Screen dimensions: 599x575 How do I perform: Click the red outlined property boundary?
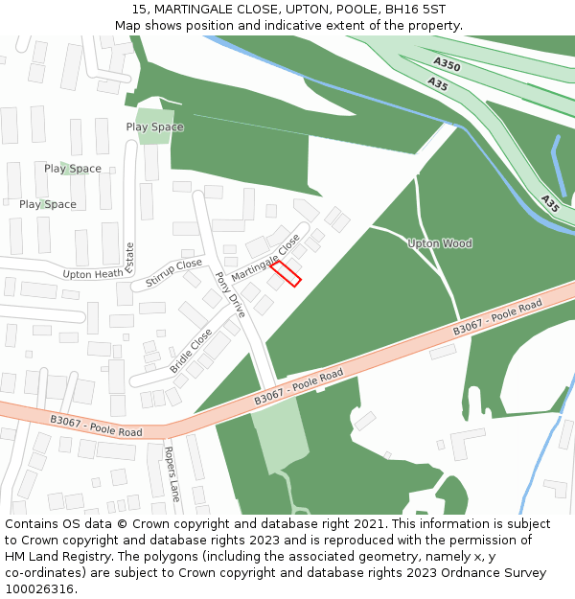click(x=286, y=273)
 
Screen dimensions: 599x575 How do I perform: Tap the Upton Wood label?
click(x=440, y=243)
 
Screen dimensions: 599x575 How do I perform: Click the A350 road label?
click(x=447, y=65)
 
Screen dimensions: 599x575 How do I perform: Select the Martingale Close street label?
click(x=265, y=255)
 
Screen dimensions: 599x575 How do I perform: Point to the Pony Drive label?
click(x=230, y=294)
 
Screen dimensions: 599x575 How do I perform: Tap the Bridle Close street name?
click(x=192, y=352)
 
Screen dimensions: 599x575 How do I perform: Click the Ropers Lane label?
click(x=172, y=474)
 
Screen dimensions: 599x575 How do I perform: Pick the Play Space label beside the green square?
click(x=154, y=127)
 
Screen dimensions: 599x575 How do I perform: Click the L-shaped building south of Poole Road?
click(x=468, y=442)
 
